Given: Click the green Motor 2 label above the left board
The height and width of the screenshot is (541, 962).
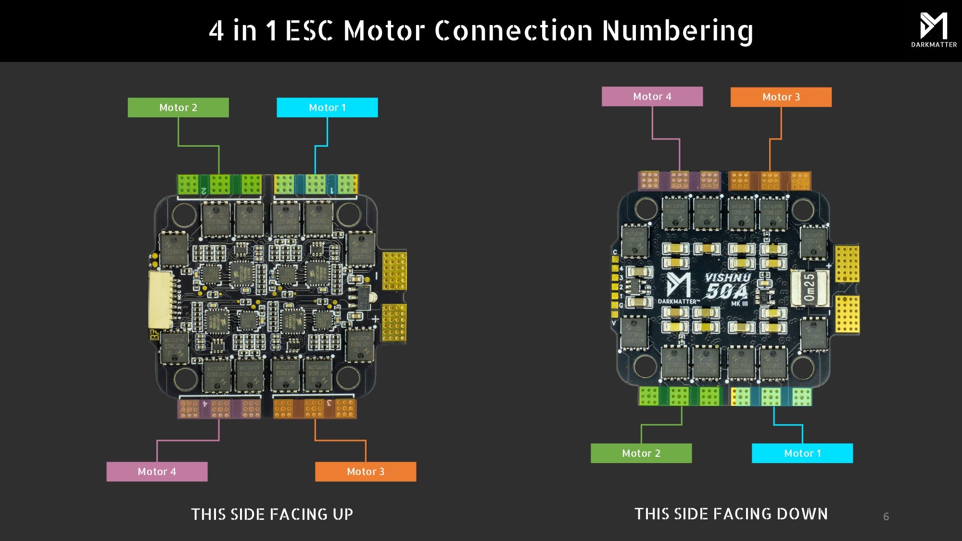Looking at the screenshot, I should click(178, 107).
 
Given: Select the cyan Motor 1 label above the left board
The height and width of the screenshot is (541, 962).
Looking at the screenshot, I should click(327, 107).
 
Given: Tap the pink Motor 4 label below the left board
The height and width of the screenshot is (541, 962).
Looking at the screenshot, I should click(157, 471).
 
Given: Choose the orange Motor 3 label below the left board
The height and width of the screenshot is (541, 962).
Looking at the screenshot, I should click(366, 471).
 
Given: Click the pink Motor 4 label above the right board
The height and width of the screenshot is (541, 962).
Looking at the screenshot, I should click(652, 96).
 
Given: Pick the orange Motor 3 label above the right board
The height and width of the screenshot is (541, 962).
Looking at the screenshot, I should click(781, 97).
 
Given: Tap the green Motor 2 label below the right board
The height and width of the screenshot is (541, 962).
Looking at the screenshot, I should click(641, 453).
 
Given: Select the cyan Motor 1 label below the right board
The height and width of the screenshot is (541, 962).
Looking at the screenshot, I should click(802, 453).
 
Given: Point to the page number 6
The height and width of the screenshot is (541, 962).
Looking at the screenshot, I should click(886, 516).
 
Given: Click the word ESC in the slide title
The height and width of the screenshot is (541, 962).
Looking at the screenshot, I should click(309, 31).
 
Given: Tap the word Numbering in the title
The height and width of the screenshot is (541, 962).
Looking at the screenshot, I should click(677, 31).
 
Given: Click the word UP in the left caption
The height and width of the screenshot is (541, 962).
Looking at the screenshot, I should click(342, 514).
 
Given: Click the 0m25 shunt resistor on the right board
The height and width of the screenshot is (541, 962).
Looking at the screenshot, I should click(810, 287).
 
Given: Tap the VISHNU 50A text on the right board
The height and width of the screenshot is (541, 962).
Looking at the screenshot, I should click(727, 286).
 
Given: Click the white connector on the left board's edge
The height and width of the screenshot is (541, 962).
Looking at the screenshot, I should click(160, 300).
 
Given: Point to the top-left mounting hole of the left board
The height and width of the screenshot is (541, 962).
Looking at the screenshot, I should click(184, 214).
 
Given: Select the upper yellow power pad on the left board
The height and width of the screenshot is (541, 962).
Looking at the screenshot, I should click(394, 271).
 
